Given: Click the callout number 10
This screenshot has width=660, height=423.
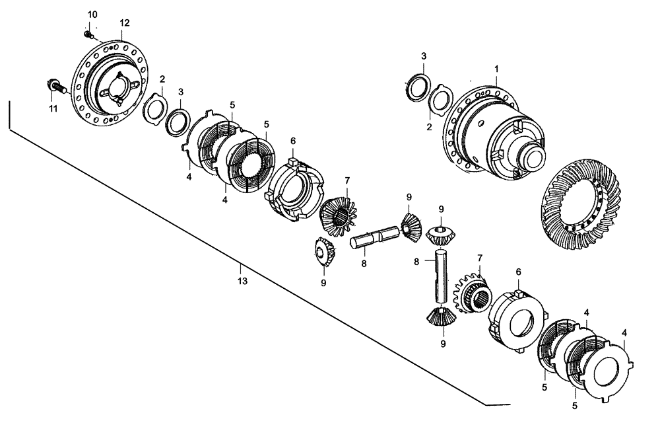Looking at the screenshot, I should coord(91,15).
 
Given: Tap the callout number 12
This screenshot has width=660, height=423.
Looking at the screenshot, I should coord(125,22).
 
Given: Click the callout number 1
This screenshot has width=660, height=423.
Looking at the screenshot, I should coord(497,68).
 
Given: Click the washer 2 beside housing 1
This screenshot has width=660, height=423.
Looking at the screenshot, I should coord(439,102).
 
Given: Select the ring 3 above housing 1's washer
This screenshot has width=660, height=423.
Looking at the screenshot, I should coord(418,86).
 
